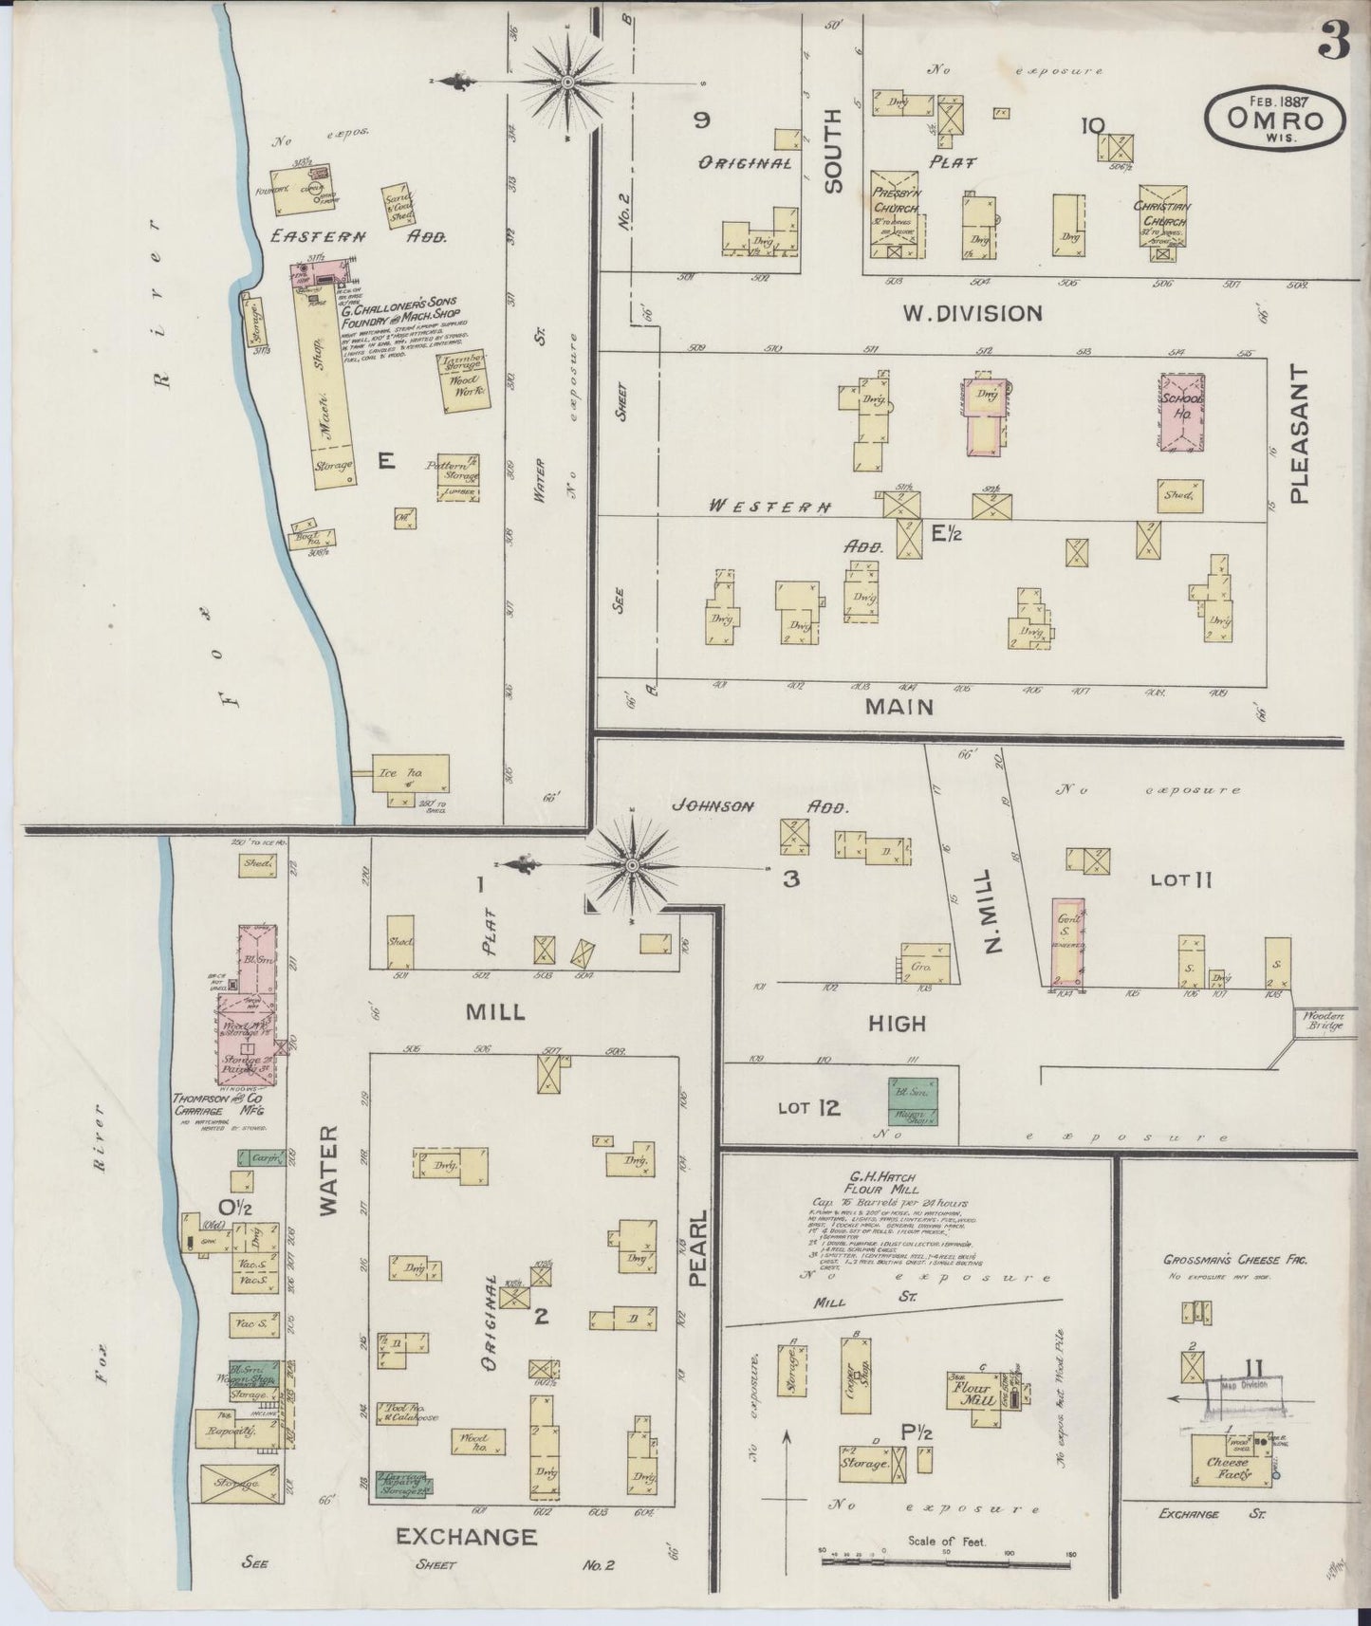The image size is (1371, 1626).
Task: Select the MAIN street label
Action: tap(899, 707)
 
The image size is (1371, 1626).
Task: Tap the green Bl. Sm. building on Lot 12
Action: tap(914, 1101)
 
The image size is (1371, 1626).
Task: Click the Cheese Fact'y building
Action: tap(1230, 1471)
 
